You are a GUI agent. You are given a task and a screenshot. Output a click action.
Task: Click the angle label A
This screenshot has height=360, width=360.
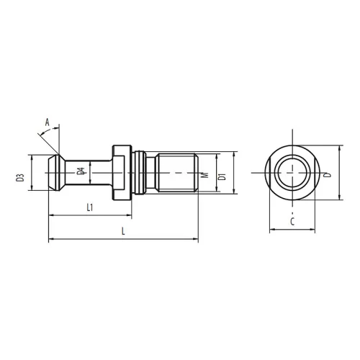[48, 122]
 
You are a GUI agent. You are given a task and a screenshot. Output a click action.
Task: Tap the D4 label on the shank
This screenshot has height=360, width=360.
[81, 171]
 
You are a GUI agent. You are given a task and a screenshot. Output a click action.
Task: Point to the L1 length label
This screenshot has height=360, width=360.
[90, 207]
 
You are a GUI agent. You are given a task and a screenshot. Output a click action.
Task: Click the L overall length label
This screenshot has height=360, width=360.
[123, 231]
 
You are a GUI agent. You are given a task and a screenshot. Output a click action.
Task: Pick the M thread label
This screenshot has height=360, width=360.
[205, 175]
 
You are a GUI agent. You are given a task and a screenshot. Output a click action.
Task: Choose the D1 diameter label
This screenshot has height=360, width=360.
[222, 176]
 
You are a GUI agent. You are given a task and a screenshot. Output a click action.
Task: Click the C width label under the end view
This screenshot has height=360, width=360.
[292, 222]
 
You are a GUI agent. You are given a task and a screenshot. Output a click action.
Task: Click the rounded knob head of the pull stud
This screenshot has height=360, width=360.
[56, 173]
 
